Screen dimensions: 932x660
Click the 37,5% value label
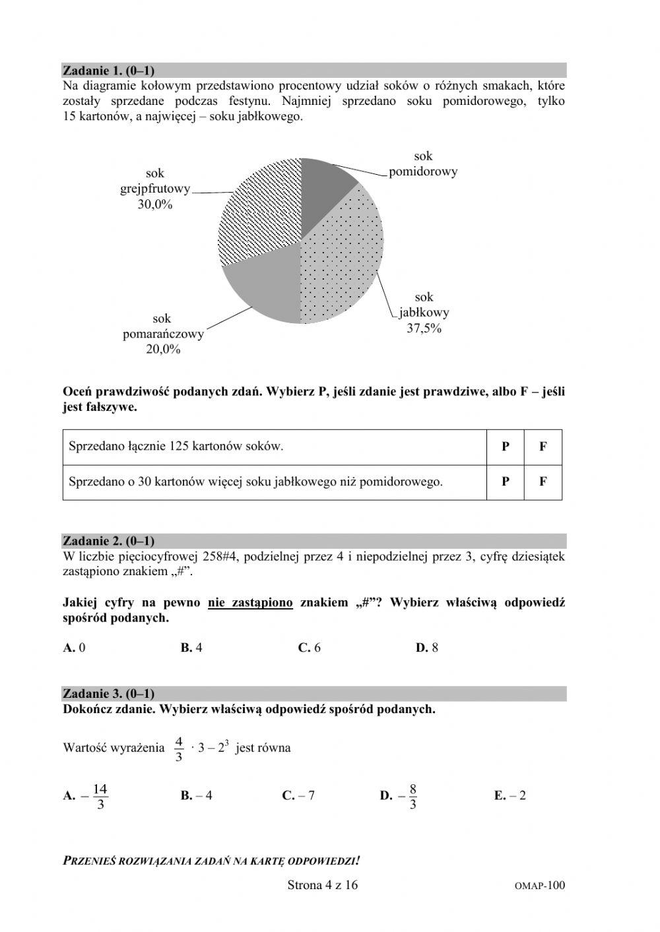click(424, 328)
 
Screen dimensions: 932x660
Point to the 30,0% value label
click(155, 204)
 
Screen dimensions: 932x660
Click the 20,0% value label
click(163, 350)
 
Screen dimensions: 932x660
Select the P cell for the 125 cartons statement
click(506, 447)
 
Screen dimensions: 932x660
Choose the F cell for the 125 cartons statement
click(543, 447)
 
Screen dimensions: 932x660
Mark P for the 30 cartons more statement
click(506, 482)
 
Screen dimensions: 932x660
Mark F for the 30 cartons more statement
click(543, 482)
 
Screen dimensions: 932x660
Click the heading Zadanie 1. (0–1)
click(108, 70)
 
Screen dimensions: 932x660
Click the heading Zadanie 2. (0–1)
click(108, 541)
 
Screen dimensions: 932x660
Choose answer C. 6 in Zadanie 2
click(309, 648)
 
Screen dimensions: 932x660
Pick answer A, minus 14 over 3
click(86, 795)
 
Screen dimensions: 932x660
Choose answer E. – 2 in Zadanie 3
click(510, 795)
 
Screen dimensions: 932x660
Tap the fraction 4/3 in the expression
click(178, 749)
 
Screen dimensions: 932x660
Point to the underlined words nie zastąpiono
click(250, 602)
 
